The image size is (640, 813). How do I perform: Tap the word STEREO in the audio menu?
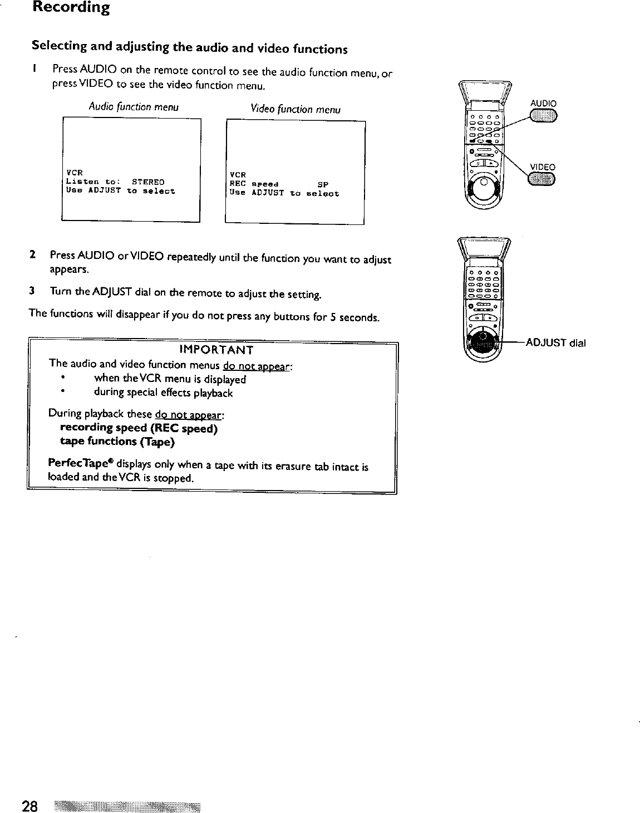[148, 182]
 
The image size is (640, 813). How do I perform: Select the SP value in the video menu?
[323, 184]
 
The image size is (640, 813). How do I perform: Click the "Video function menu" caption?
[296, 110]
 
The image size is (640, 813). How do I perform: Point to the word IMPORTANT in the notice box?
[217, 350]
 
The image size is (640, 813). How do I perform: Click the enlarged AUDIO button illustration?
[543, 115]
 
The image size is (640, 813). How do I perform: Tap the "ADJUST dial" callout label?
[555, 343]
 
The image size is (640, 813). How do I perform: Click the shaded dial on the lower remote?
[483, 344]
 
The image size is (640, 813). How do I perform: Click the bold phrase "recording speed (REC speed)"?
[139, 428]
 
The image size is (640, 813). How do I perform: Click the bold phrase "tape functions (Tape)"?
[117, 442]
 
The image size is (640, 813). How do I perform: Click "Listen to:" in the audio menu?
[90, 182]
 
